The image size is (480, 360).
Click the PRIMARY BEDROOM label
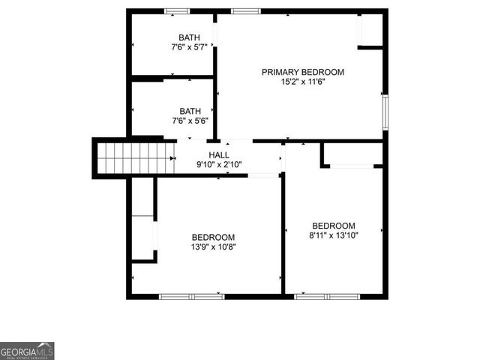(302, 72)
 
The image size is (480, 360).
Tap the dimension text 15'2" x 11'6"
(302, 82)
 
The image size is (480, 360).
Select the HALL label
(208, 154)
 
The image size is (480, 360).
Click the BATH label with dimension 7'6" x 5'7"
(189, 37)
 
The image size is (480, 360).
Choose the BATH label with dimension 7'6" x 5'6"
(189, 111)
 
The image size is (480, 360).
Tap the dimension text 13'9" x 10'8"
(213, 246)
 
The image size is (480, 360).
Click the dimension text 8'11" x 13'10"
(334, 235)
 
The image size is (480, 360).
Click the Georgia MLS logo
(27, 351)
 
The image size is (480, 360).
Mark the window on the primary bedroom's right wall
(385, 111)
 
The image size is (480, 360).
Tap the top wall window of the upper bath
(177, 11)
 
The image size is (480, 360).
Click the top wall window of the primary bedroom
(243, 11)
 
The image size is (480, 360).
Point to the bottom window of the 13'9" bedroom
(192, 296)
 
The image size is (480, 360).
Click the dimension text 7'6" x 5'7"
(189, 47)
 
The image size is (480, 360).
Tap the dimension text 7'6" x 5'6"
(189, 121)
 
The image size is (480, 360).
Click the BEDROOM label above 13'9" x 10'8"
(213, 236)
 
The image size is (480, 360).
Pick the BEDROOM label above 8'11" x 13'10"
(334, 226)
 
